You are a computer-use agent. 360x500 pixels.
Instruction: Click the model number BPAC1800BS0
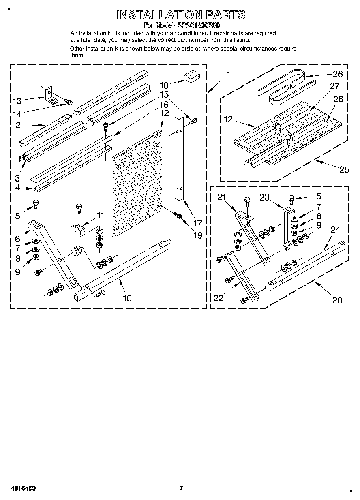point(198,25)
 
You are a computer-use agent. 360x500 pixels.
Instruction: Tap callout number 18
point(164,85)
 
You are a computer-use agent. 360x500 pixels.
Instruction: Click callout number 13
point(17,101)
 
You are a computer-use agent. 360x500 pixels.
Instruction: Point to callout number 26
point(337,74)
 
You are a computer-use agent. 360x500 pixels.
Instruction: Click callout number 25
point(344,169)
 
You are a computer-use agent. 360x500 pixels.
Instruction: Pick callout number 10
point(127,298)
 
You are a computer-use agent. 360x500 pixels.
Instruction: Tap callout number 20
point(337,300)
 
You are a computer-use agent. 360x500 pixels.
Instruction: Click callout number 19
point(197,235)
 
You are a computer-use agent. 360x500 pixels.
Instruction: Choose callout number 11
point(100,215)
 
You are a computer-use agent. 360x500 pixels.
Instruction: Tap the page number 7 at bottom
point(181,488)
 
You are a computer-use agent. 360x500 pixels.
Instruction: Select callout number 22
point(218,298)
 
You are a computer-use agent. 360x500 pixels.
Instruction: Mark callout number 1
point(229,74)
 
